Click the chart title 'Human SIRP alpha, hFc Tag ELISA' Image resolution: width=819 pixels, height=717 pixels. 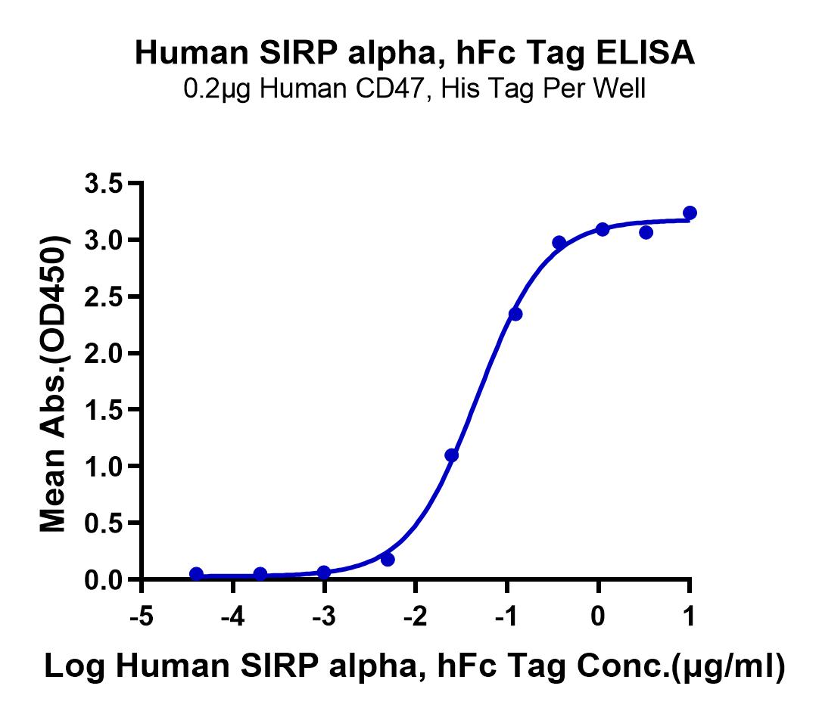coord(415,53)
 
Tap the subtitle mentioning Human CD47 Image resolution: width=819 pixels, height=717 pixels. coord(415,88)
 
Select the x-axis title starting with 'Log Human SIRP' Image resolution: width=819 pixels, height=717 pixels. coord(415,666)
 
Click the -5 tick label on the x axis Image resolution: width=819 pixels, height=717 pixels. coord(142,617)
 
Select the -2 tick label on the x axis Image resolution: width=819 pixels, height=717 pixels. coord(416,617)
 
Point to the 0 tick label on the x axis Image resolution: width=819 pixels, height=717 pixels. coord(598,617)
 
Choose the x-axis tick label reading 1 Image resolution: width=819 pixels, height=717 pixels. coord(690,617)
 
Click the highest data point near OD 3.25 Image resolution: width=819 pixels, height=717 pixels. coord(690,213)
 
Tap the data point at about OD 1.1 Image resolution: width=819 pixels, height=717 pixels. coord(452,455)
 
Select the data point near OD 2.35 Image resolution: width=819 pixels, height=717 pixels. coord(515,314)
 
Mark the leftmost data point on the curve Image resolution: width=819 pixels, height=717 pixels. coord(196,574)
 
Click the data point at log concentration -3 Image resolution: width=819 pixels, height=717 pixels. coord(324,572)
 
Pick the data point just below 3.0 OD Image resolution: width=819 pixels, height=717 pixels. coord(559,242)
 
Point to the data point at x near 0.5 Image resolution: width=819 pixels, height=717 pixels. coord(646,232)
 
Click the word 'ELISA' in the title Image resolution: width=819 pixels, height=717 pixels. coord(646,53)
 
